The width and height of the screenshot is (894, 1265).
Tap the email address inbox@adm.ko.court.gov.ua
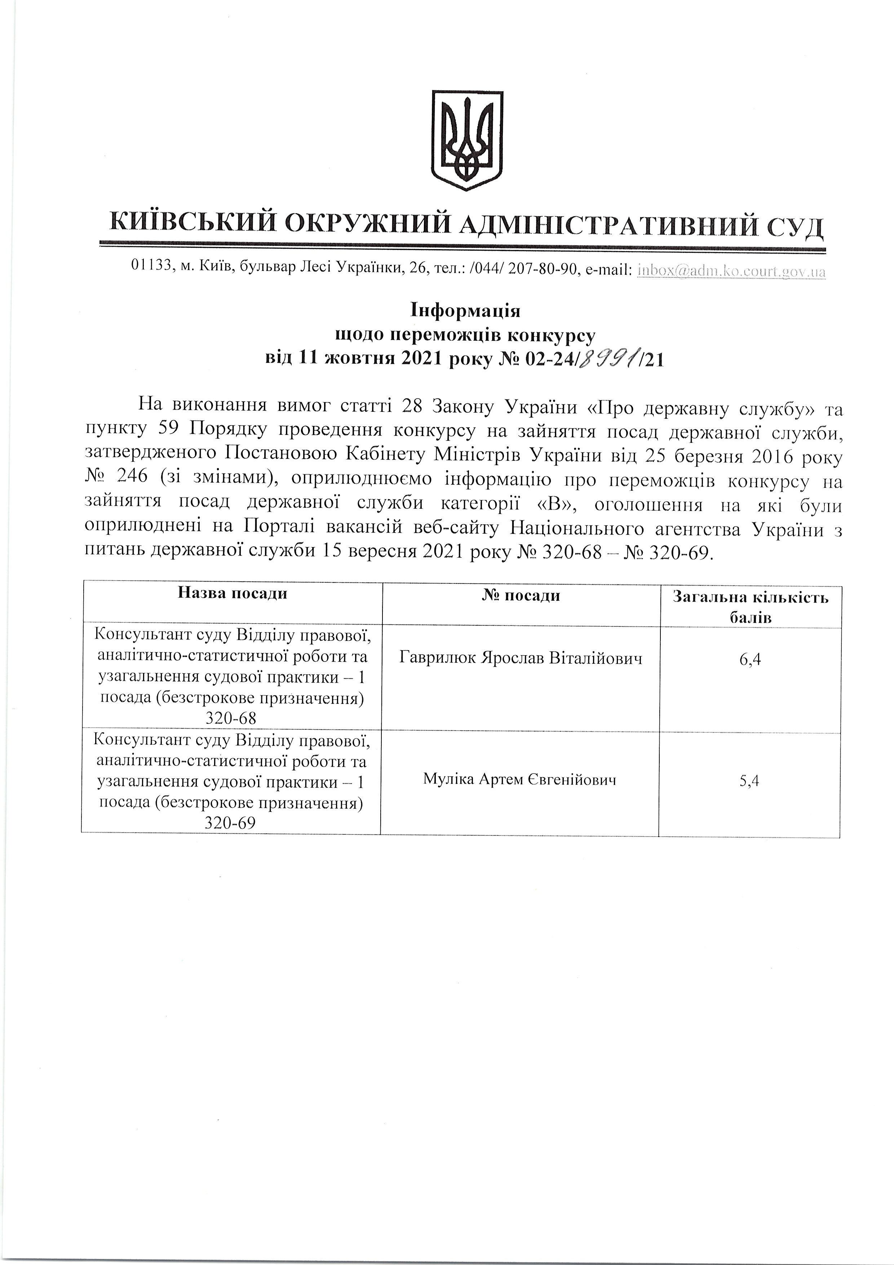coord(731,271)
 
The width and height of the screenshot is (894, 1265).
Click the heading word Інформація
coord(465,311)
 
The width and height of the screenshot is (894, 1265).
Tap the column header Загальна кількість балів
coord(750,607)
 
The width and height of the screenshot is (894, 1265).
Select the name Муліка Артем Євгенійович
coord(519,779)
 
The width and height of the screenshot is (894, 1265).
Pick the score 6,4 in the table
coord(750,659)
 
